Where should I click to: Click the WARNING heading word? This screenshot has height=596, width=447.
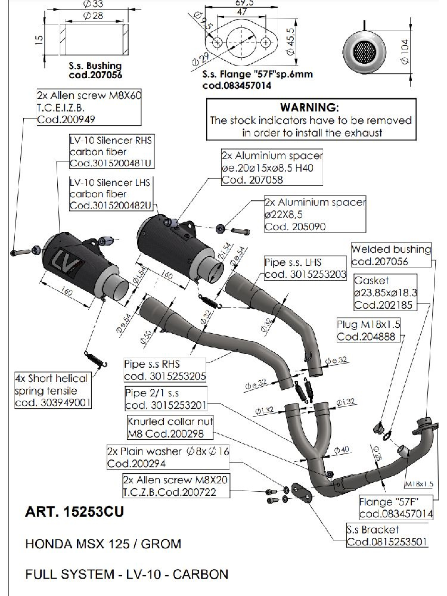[309, 108]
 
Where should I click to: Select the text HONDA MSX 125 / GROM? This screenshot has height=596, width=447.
[103, 544]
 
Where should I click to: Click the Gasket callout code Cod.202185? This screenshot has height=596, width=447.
[381, 305]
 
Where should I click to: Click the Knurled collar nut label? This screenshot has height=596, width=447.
[170, 421]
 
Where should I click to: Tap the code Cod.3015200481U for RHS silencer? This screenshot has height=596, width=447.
[111, 163]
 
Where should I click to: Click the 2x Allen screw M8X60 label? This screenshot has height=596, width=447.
[88, 95]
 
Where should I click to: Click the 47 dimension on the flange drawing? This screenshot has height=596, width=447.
[241, 11]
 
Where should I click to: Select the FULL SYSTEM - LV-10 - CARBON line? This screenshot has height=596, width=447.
[126, 575]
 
